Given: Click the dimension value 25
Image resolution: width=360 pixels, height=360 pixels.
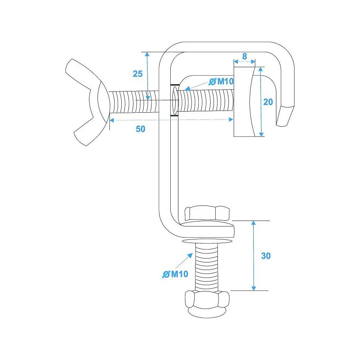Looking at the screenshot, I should [x=138, y=74].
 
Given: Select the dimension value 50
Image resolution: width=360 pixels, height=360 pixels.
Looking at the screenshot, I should [x=140, y=129].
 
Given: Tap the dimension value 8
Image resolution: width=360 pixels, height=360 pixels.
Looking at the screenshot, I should [x=244, y=56].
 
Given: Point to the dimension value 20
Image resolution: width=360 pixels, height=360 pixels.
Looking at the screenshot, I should [x=268, y=102].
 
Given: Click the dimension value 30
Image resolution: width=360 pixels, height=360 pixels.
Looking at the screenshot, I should [x=266, y=256].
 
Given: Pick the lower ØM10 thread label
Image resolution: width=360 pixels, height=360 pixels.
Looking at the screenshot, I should [x=175, y=274].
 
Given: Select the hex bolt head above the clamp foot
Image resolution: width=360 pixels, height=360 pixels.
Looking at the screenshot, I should [x=206, y=213].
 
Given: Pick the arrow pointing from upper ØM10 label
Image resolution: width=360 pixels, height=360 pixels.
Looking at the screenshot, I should [x=196, y=85].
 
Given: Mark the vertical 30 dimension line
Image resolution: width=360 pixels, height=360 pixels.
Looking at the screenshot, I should [x=254, y=256].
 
